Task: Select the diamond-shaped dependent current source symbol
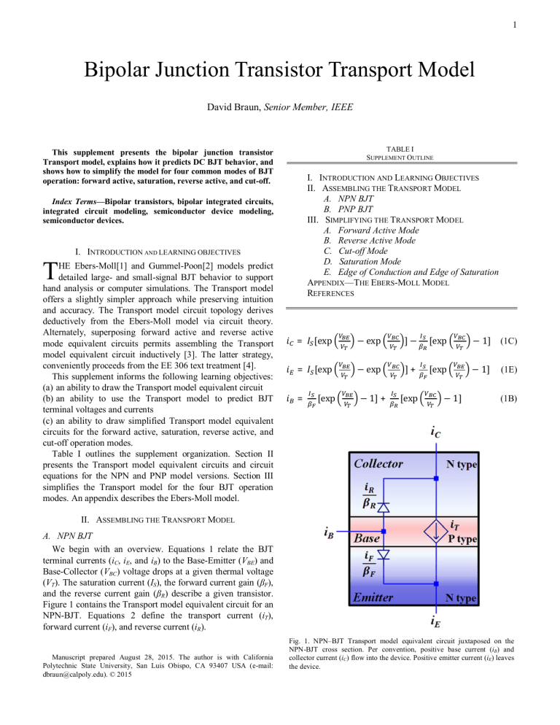point(435,531)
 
